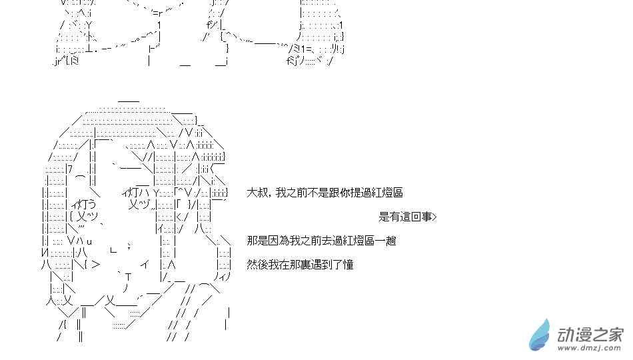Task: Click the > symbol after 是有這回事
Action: pos(434,217)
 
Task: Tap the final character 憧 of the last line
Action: pos(348,265)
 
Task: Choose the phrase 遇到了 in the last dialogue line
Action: pos(327,265)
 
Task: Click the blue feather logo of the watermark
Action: pos(540,335)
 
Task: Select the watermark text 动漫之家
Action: pos(590,334)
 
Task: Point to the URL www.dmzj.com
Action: pos(590,348)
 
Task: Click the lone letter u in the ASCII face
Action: pos(89,242)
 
